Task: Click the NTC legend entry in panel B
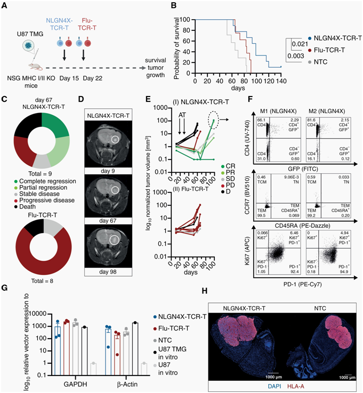[x=323, y=62]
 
